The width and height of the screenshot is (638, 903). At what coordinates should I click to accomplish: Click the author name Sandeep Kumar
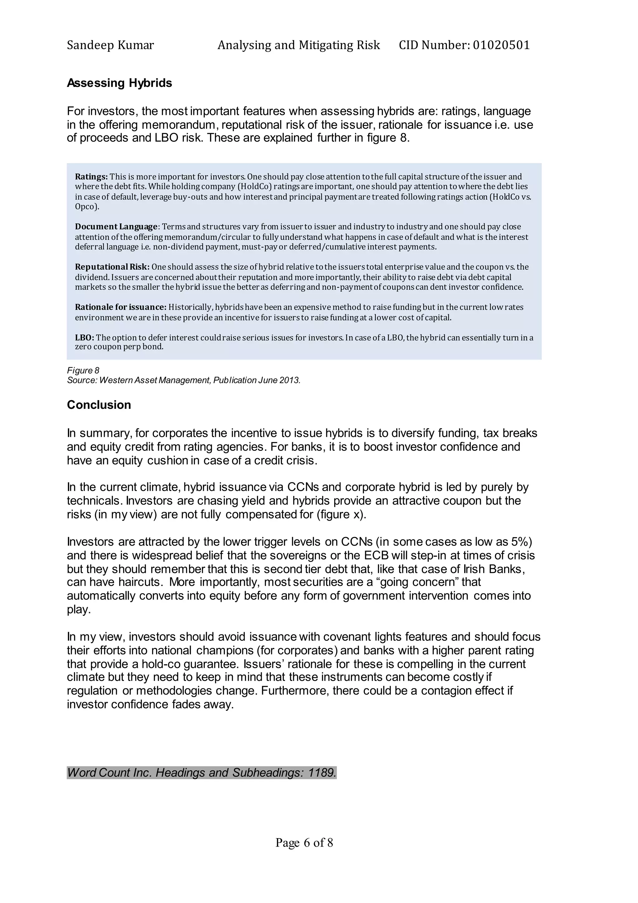pyautogui.click(x=110, y=45)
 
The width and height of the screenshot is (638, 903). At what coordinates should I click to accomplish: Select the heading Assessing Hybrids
pyautogui.click(x=119, y=83)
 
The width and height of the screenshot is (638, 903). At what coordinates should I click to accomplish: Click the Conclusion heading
pyautogui.click(x=99, y=405)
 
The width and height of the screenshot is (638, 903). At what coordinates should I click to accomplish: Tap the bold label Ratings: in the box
pyautogui.click(x=91, y=177)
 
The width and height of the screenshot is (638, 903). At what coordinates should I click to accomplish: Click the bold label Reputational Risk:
pyautogui.click(x=112, y=267)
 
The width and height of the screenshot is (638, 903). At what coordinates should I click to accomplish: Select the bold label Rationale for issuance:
pyautogui.click(x=121, y=307)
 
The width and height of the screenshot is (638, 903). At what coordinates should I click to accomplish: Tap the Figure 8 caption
pyautogui.click(x=83, y=371)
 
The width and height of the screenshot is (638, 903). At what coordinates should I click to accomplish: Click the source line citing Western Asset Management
pyautogui.click(x=183, y=380)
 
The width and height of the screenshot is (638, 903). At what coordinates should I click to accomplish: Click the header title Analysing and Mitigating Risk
pyautogui.click(x=298, y=45)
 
